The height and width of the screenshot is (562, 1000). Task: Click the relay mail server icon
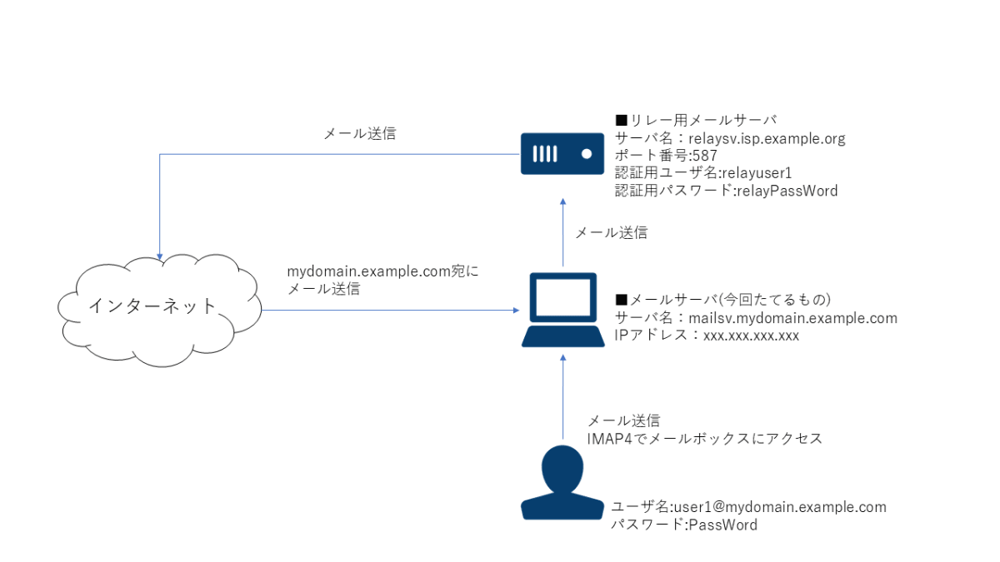[x=562, y=153]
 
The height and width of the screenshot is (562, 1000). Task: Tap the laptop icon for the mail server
[x=563, y=310]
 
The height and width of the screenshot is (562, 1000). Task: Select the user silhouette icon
[x=562, y=483]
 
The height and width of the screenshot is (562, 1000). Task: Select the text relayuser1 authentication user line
[x=702, y=173]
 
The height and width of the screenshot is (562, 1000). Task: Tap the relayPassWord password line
[x=726, y=191]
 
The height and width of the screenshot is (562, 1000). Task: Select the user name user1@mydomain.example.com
[x=748, y=507]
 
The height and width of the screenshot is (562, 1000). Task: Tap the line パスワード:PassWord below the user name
[x=684, y=525]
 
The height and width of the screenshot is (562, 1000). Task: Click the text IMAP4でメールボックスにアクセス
[x=704, y=438]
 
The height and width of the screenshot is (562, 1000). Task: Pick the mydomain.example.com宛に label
[x=383, y=271]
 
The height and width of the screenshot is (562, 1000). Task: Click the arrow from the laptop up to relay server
[x=563, y=233]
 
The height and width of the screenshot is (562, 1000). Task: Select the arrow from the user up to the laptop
[x=563, y=400]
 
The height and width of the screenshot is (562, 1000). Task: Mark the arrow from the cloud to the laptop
[x=392, y=310]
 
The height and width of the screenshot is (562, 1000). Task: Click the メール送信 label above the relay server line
[x=360, y=133]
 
